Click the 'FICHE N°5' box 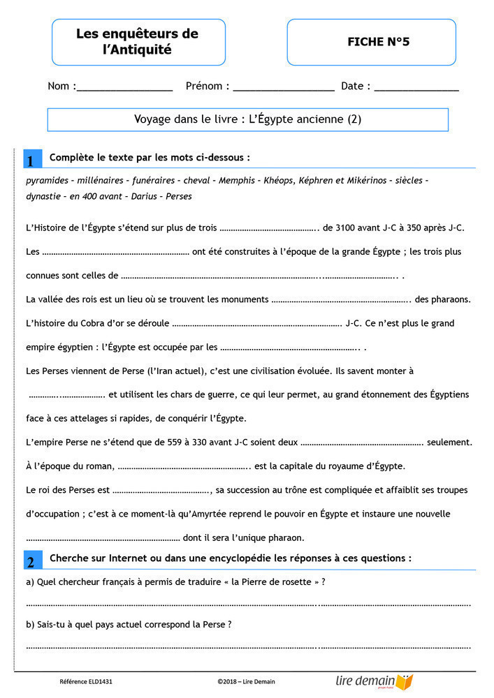pyautogui.click(x=371, y=42)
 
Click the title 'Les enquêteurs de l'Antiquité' pyautogui.click(x=138, y=42)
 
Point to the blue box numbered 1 pyautogui.click(x=31, y=160)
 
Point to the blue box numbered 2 pyautogui.click(x=31, y=561)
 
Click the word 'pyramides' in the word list pyautogui.click(x=47, y=180)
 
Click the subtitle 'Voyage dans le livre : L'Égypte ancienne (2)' pyautogui.click(x=247, y=119)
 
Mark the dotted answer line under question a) pyautogui.click(x=247, y=604)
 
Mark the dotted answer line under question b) pyautogui.click(x=247, y=646)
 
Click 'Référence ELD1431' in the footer pyautogui.click(x=86, y=681)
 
